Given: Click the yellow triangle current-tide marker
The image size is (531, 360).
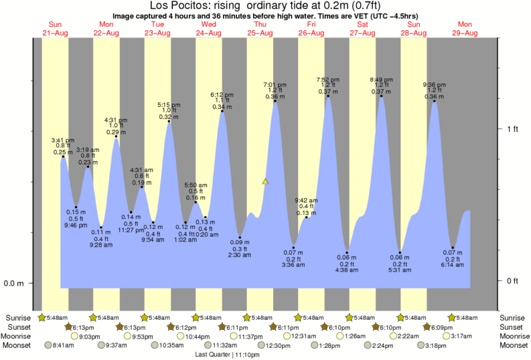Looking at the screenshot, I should coord(265,181).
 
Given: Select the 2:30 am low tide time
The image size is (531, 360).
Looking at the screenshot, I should coord(240,255).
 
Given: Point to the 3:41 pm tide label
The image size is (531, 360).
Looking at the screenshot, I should coord(64,140).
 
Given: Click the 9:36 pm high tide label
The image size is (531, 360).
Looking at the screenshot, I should coord(434,84).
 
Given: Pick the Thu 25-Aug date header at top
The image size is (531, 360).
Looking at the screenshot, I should coord(260,29).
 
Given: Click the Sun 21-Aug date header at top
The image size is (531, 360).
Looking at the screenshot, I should coord(55,29).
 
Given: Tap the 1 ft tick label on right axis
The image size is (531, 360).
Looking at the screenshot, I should coord(513,129).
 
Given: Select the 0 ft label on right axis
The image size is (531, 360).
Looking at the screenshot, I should coord(513,280).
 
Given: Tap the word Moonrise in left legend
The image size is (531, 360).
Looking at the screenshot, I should coord(20,336).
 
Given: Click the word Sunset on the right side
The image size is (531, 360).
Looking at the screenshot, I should coord(510,327).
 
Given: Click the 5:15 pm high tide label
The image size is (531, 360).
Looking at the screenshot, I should coord(169,105).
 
